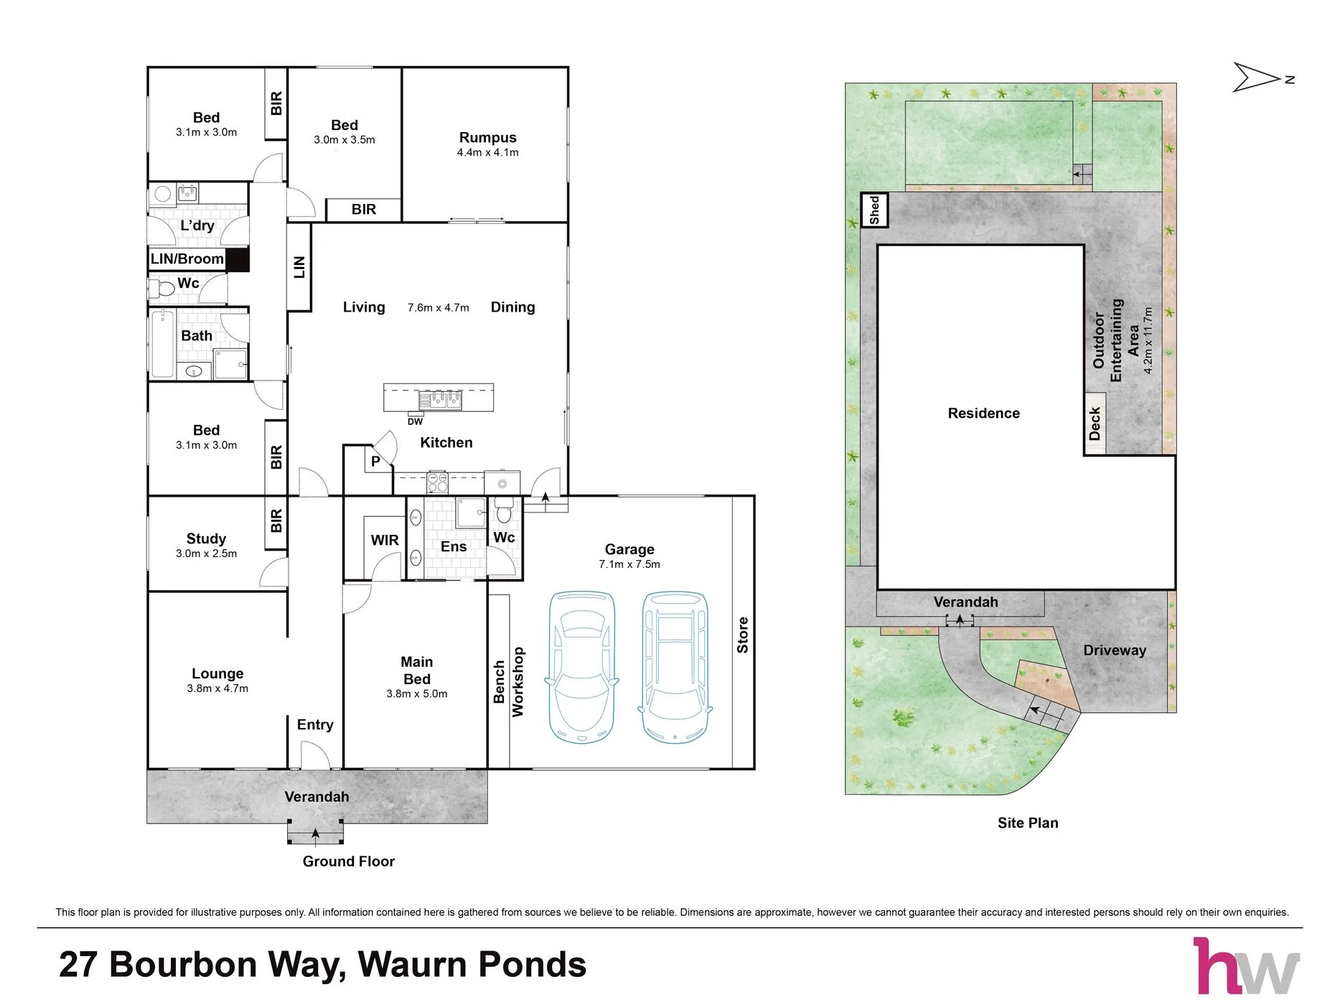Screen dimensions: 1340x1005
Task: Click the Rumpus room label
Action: [487, 137]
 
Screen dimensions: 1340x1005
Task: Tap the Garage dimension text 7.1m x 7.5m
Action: [629, 564]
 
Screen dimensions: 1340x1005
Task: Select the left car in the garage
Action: [582, 667]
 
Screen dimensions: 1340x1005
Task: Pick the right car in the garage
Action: [675, 667]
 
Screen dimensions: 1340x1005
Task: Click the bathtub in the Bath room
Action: [163, 344]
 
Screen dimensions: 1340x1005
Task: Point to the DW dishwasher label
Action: [415, 421]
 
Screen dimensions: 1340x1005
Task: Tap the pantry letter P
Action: [375, 462]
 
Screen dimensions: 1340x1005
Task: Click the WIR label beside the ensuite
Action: [385, 540]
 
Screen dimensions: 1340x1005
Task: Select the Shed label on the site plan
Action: [874, 210]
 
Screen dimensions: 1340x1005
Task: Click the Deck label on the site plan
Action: [1095, 424]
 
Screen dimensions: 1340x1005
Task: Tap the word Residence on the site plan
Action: [983, 413]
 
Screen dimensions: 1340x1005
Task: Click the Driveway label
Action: [1115, 650]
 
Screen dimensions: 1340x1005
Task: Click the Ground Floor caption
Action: [348, 861]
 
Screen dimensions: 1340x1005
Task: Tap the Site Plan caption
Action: [1028, 823]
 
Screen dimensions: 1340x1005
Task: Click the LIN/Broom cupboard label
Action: [187, 258]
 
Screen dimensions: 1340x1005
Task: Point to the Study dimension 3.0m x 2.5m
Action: [206, 553]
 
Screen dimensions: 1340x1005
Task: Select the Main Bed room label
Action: [417, 670]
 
